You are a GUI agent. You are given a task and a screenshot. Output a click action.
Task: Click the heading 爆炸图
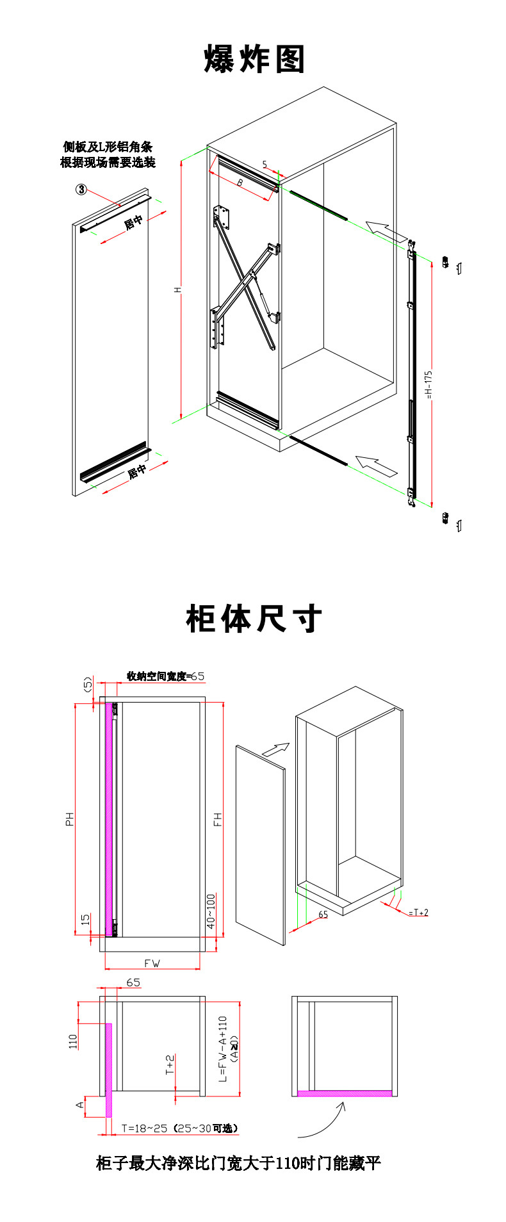coord(254,60)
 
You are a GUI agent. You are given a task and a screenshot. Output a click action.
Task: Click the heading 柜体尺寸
coord(254,619)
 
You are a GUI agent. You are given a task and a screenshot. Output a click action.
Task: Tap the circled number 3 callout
coord(82,189)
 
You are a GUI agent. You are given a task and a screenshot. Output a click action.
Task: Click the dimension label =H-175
coord(429,384)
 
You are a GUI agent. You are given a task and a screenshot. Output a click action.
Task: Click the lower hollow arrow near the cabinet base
coord(377,465)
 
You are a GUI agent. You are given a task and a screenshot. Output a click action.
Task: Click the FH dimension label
coord(218,819)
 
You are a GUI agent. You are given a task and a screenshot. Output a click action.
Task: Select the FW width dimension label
coord(152,963)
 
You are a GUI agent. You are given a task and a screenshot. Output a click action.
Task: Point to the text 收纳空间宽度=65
coord(165,676)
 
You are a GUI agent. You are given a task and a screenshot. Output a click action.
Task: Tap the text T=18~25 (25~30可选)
coord(181,1128)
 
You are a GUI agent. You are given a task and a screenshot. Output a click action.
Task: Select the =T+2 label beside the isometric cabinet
coord(418,913)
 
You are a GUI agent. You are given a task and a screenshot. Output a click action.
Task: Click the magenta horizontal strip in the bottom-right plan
coord(345,1093)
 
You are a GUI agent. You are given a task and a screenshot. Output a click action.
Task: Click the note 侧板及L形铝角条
coord(108,147)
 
